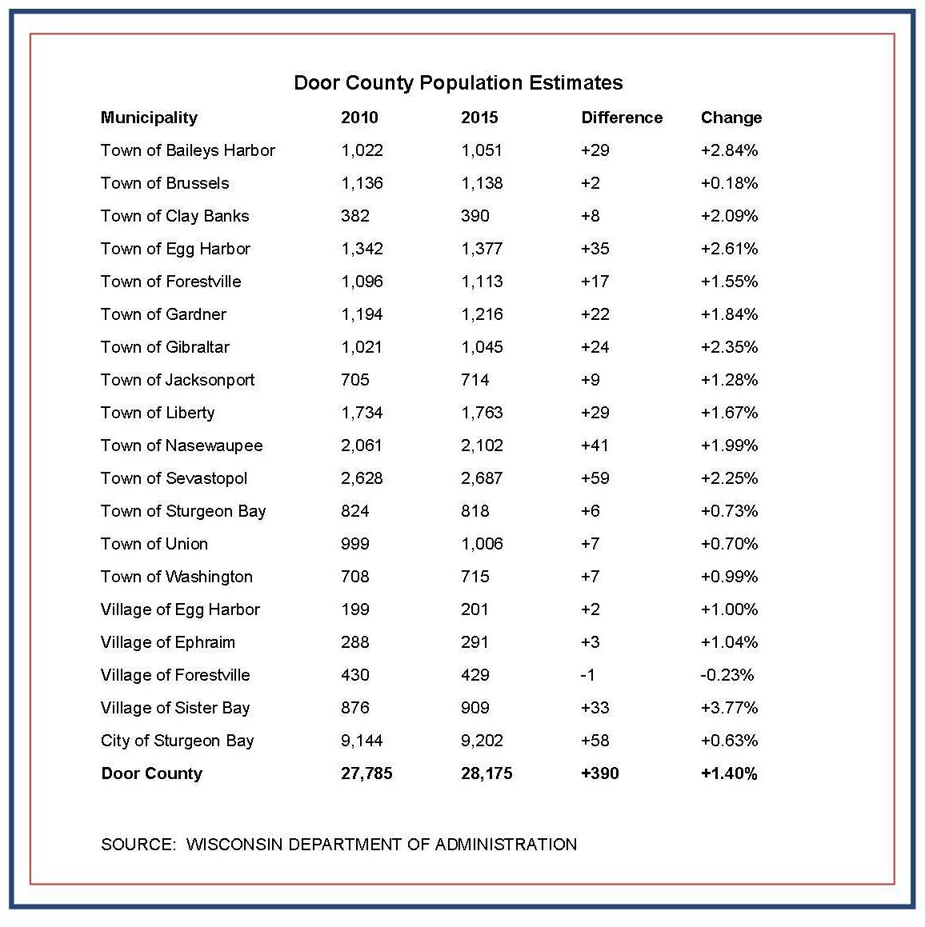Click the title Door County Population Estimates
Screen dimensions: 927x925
coord(458,82)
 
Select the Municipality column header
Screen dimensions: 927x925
coord(149,118)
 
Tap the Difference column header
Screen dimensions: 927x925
coord(622,118)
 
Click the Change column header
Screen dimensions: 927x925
coord(731,118)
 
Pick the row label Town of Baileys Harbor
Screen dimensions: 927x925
coord(187,150)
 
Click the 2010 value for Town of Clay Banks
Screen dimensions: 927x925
coord(354,216)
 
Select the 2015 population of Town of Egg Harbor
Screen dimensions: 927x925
coord(482,249)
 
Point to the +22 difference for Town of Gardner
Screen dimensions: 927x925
coord(595,314)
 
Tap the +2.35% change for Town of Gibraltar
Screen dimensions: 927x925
coord(728,347)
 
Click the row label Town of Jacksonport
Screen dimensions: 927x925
coord(177,380)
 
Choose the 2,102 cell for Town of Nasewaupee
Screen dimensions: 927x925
coord(482,446)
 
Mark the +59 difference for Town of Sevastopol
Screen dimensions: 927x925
coord(595,478)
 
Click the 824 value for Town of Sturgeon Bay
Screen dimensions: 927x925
coord(354,511)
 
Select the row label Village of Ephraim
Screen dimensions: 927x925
coord(167,642)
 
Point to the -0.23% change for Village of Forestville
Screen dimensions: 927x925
coord(727,675)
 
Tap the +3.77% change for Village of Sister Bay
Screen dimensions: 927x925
coord(728,708)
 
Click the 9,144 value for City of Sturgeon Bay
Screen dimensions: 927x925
coord(362,741)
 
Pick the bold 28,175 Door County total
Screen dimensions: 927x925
coord(487,773)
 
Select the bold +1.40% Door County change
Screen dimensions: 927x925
coord(728,773)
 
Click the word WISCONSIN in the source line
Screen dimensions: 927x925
coord(234,844)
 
